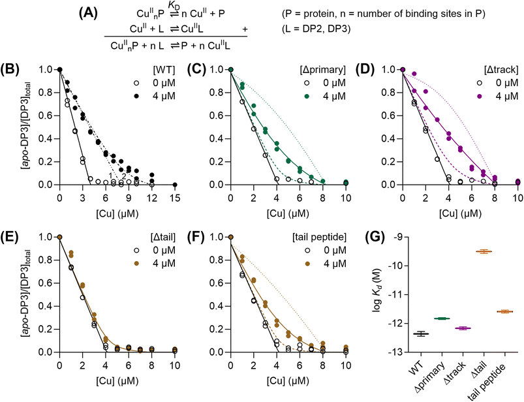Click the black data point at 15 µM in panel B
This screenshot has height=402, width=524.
pyautogui.click(x=175, y=185)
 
